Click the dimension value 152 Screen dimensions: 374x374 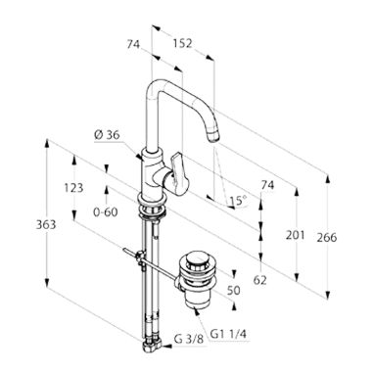[x=182, y=43]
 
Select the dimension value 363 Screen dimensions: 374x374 [x=46, y=224]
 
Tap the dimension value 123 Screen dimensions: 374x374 [x=73, y=188]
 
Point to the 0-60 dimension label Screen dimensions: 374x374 [x=106, y=212]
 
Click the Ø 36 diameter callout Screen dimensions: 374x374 [x=107, y=134]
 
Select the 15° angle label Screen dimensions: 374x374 [x=238, y=200]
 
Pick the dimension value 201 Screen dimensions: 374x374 [x=295, y=235]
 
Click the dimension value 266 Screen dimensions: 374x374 [x=327, y=237]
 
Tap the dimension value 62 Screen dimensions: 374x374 [x=260, y=280]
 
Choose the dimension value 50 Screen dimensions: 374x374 [x=234, y=290]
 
